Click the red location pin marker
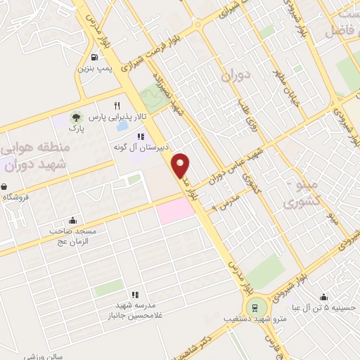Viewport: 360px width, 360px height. [181, 165]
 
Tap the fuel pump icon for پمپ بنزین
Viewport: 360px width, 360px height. [94, 58]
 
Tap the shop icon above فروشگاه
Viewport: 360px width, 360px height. [6, 187]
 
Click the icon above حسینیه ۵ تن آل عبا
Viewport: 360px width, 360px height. [323, 297]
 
